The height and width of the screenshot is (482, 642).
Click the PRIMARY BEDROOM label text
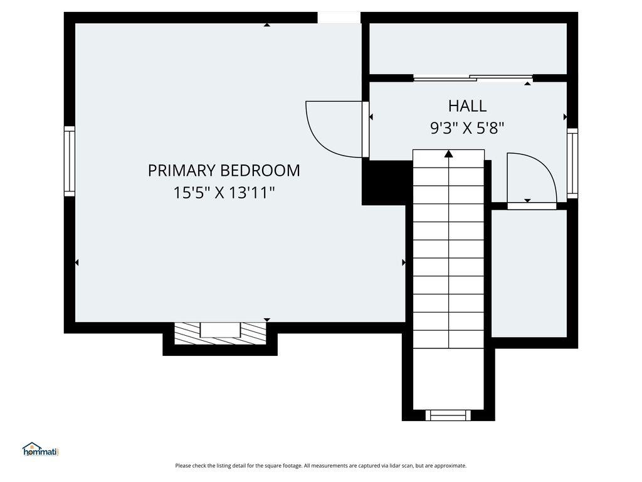tap(224, 170)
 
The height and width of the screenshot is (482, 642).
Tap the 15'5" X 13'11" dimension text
tap(224, 193)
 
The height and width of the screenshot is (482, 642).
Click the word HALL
tap(467, 105)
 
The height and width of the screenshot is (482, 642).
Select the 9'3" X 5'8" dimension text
tap(467, 128)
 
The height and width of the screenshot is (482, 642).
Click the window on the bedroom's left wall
tap(70, 161)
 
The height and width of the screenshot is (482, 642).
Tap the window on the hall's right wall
tap(572, 163)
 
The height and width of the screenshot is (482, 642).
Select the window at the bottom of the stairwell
tap(448, 415)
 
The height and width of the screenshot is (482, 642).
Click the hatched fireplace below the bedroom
tap(219, 333)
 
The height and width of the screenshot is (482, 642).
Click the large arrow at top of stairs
tap(449, 154)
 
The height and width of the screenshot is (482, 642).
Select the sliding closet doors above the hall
tap(473, 78)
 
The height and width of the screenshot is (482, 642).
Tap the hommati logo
tap(40, 449)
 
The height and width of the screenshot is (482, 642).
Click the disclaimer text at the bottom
tap(321, 466)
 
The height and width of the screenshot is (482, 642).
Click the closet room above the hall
tap(468, 49)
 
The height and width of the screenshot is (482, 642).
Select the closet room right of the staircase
tap(529, 273)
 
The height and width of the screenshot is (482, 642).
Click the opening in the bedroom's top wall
tap(339, 18)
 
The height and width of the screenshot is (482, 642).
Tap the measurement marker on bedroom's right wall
tap(403, 262)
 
